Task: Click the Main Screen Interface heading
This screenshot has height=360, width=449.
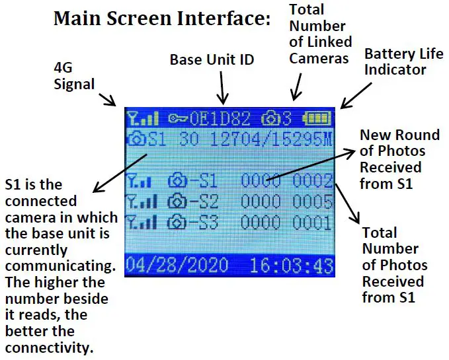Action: point(162,18)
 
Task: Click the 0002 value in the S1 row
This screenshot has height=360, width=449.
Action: point(313,180)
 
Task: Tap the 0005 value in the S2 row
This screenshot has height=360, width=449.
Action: point(313,201)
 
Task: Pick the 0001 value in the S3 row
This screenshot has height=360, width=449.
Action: point(313,222)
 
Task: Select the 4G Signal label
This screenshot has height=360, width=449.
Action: point(74,75)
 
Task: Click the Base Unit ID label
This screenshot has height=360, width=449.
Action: point(212,60)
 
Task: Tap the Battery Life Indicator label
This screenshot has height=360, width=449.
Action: point(395,61)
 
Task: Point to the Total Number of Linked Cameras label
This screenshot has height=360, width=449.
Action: point(318,34)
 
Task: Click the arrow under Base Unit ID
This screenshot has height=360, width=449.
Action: point(224,88)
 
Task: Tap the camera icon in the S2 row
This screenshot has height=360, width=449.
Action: point(177,201)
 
